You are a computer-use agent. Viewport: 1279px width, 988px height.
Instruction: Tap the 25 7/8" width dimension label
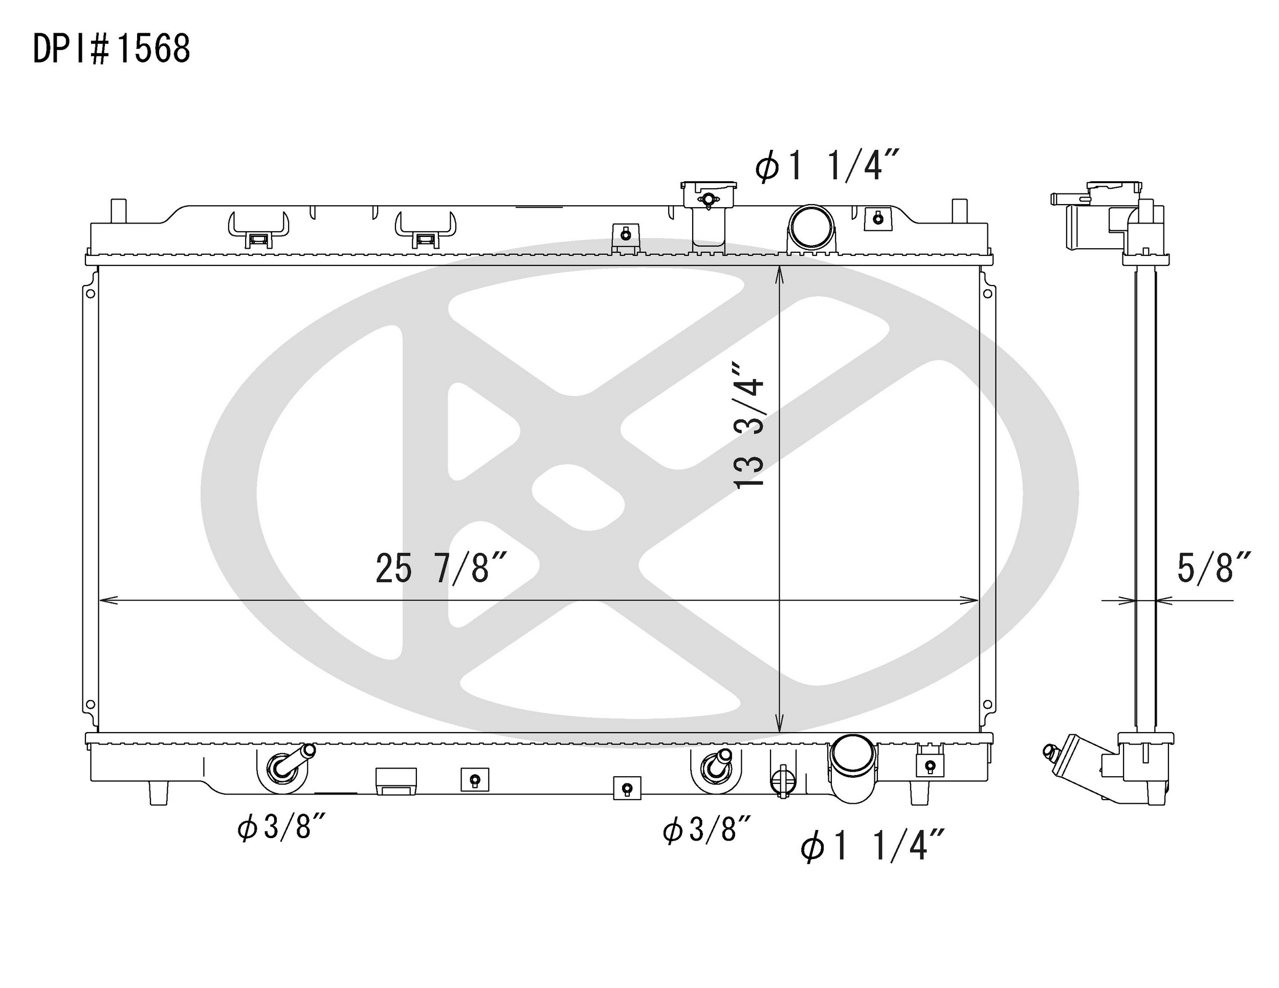tap(440, 568)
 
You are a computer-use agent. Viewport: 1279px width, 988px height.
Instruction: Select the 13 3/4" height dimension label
tap(749, 425)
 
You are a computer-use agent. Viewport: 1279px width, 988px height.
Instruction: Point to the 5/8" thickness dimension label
tap(1214, 567)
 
